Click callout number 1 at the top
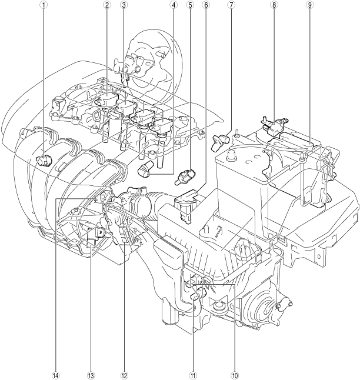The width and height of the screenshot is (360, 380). coord(44,5)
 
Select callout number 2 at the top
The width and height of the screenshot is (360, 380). coord(106,5)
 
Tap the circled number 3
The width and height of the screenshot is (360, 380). coord(124,5)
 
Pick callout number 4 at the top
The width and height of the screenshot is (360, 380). coord(173,5)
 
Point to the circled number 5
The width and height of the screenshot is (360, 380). coord(190,5)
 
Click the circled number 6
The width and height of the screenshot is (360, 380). coord(206,5)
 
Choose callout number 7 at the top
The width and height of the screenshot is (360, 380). coord(231,5)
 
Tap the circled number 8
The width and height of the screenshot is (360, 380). coord(274,5)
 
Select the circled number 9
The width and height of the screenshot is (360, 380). coord(309,5)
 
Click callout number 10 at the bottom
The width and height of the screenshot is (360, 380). coord(235,376)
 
